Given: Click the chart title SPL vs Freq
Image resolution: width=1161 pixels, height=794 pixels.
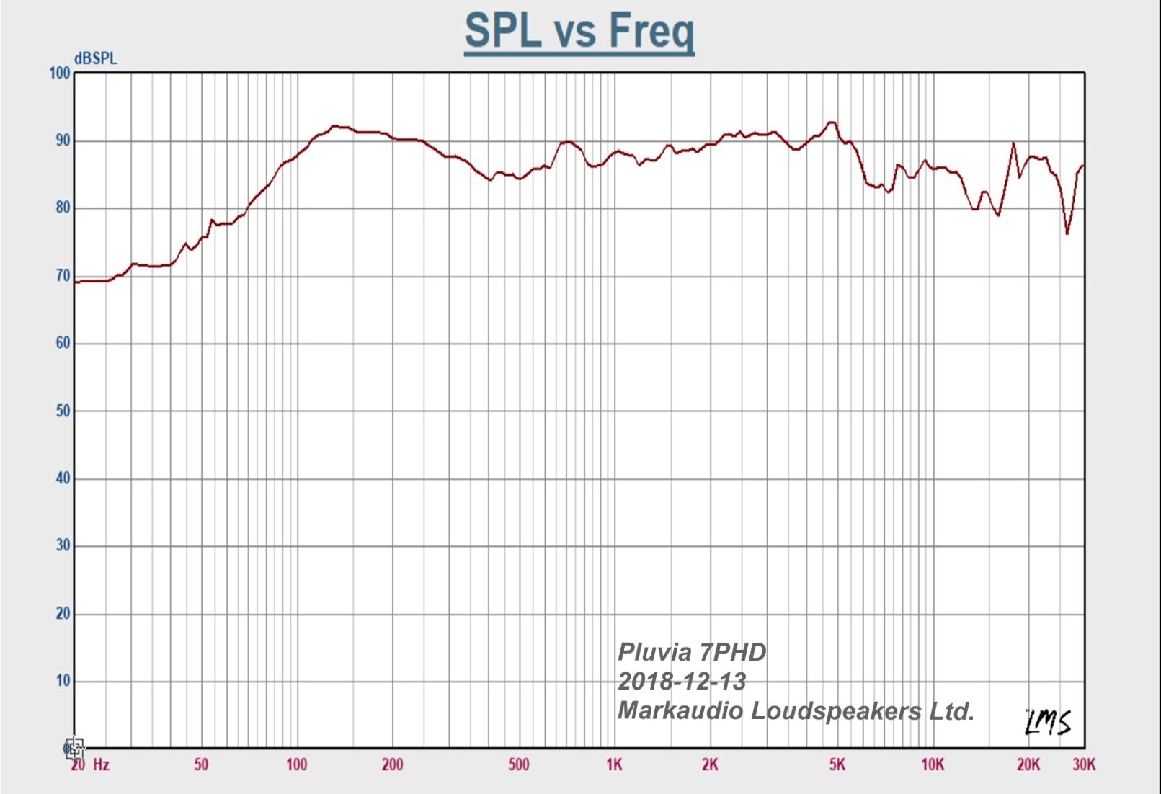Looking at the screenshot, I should [579, 31].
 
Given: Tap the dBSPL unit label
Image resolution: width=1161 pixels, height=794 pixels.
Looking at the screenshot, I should [95, 59].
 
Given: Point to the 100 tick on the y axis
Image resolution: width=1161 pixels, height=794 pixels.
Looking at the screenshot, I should [60, 73].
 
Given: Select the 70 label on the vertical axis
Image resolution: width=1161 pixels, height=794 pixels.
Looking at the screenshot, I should [63, 276].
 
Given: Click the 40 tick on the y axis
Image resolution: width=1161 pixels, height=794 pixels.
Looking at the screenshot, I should [63, 478].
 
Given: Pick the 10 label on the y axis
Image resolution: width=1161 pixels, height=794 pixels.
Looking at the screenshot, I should [63, 681].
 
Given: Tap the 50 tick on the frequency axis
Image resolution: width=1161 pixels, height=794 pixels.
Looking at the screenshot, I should [201, 765].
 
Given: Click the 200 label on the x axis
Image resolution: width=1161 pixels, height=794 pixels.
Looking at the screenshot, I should [392, 765].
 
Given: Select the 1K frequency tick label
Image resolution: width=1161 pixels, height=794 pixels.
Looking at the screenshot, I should [614, 765].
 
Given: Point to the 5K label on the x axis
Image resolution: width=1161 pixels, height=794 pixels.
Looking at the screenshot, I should [837, 765].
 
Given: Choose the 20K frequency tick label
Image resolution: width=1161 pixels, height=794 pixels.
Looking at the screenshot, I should [1028, 765].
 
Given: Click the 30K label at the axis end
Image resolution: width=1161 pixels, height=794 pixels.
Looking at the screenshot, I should [1084, 765].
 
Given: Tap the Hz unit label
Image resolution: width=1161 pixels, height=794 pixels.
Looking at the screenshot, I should [101, 765].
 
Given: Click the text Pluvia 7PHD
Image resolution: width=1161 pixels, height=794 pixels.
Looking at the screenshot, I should [692, 653].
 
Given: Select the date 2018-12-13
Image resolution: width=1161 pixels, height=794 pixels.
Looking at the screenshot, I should [682, 682].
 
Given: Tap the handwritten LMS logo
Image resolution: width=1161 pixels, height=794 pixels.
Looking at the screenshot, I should [1048, 722].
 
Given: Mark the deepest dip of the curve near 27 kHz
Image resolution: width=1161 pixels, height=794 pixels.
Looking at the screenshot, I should [1067, 233].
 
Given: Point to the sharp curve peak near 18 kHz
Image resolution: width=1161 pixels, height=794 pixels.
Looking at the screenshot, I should [1013, 143].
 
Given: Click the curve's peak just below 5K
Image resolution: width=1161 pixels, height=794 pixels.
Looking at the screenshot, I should [832, 122].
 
